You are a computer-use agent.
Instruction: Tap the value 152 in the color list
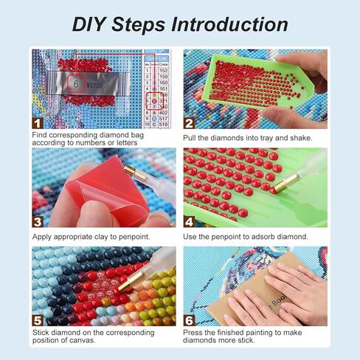pyautogui.click(x=163, y=71)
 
